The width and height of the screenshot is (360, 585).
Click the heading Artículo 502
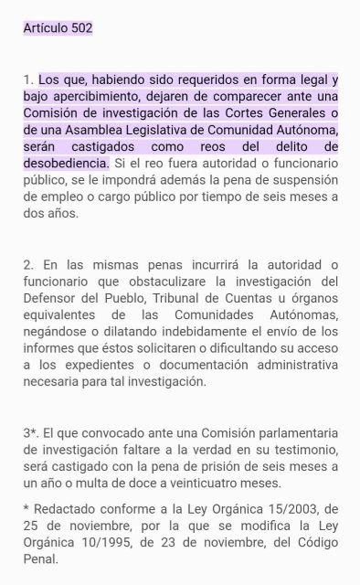(58, 28)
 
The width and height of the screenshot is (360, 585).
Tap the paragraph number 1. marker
(28, 80)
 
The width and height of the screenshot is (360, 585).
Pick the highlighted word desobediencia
(65, 163)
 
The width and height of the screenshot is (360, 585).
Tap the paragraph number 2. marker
(29, 264)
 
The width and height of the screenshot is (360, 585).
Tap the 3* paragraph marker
(31, 432)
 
